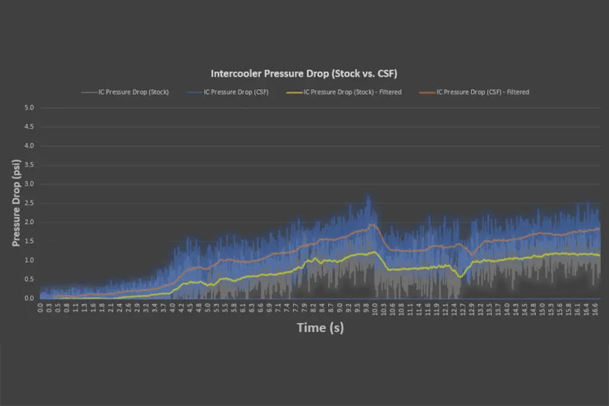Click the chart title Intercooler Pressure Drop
tap(304, 74)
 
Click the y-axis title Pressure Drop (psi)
tap(16, 203)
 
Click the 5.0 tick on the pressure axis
tap(29, 107)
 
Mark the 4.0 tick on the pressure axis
tap(29, 145)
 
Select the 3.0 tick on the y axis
tap(29, 184)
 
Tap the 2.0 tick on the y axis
tap(29, 222)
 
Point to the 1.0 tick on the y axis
tap(29, 260)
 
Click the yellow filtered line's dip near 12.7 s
tap(460, 276)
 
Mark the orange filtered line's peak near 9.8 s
tap(372, 225)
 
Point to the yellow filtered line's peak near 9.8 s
tap(372, 252)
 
